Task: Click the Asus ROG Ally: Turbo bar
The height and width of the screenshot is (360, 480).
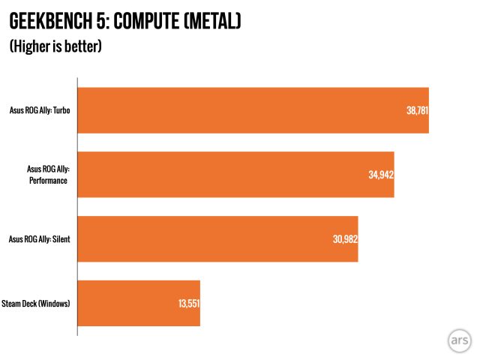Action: (253, 110)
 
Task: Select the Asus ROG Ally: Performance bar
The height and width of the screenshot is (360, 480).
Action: (235, 175)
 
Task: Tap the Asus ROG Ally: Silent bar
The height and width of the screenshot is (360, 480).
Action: (217, 239)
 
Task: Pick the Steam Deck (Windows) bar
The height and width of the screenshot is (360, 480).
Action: (139, 303)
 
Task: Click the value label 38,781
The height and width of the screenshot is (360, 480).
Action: (416, 110)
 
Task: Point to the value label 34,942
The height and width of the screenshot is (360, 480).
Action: (381, 175)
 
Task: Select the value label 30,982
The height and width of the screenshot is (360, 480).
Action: (345, 239)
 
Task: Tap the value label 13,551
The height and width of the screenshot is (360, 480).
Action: (187, 303)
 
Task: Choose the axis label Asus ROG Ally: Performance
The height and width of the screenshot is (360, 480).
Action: (47, 175)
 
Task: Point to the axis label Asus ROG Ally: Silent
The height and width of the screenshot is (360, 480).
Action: (39, 239)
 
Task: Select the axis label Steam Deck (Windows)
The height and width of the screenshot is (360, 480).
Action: (36, 303)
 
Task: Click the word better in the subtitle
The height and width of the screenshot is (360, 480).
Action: (82, 46)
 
